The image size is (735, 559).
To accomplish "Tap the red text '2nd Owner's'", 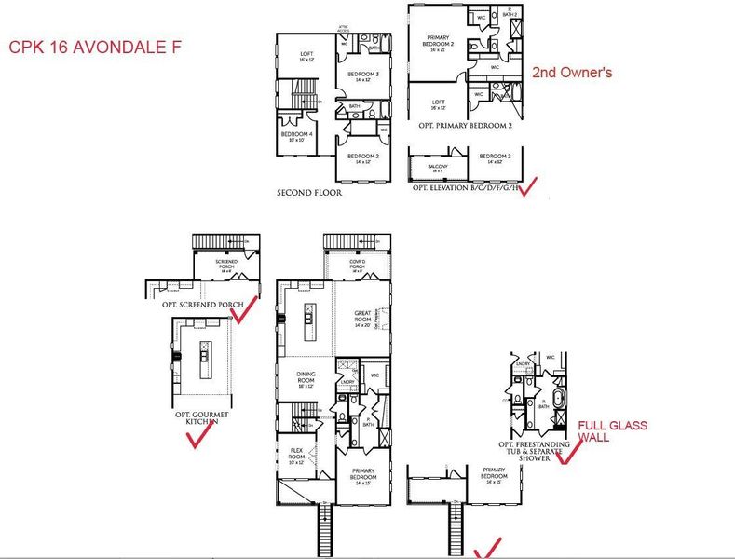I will click(571, 72).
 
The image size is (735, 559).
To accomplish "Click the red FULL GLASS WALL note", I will click(613, 430).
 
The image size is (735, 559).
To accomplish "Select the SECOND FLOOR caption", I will click(308, 193).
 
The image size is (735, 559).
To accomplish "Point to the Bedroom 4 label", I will click(297, 136).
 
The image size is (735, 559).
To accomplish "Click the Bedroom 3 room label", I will click(362, 75).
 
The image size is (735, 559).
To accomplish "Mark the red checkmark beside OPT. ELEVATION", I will click(527, 186).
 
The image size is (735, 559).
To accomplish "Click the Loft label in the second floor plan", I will click(306, 56).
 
